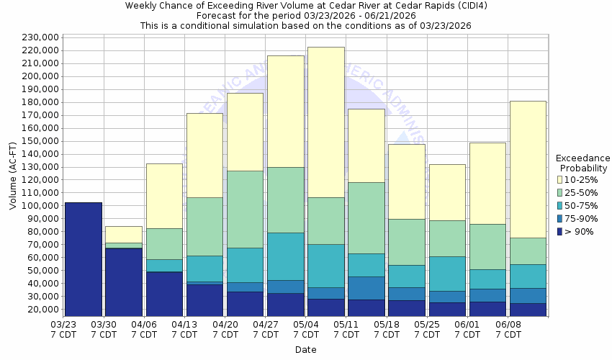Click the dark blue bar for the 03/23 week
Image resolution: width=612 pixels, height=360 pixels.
pos(84,259)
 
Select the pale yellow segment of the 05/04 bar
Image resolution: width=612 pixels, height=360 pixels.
pos(325,122)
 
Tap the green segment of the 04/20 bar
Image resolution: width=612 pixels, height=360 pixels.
pos(245,209)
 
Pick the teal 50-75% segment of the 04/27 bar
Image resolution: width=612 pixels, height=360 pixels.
pos(285,256)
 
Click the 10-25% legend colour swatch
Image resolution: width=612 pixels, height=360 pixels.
pos(559,179)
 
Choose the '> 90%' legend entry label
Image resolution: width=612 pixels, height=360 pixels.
pos(580,231)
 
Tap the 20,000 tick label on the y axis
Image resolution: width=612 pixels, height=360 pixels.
pos(44,310)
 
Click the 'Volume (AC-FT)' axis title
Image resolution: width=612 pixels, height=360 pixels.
pos(13,176)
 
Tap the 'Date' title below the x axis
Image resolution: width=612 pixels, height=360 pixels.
pos(305,350)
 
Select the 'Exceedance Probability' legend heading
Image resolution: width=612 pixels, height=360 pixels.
pos(582,163)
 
